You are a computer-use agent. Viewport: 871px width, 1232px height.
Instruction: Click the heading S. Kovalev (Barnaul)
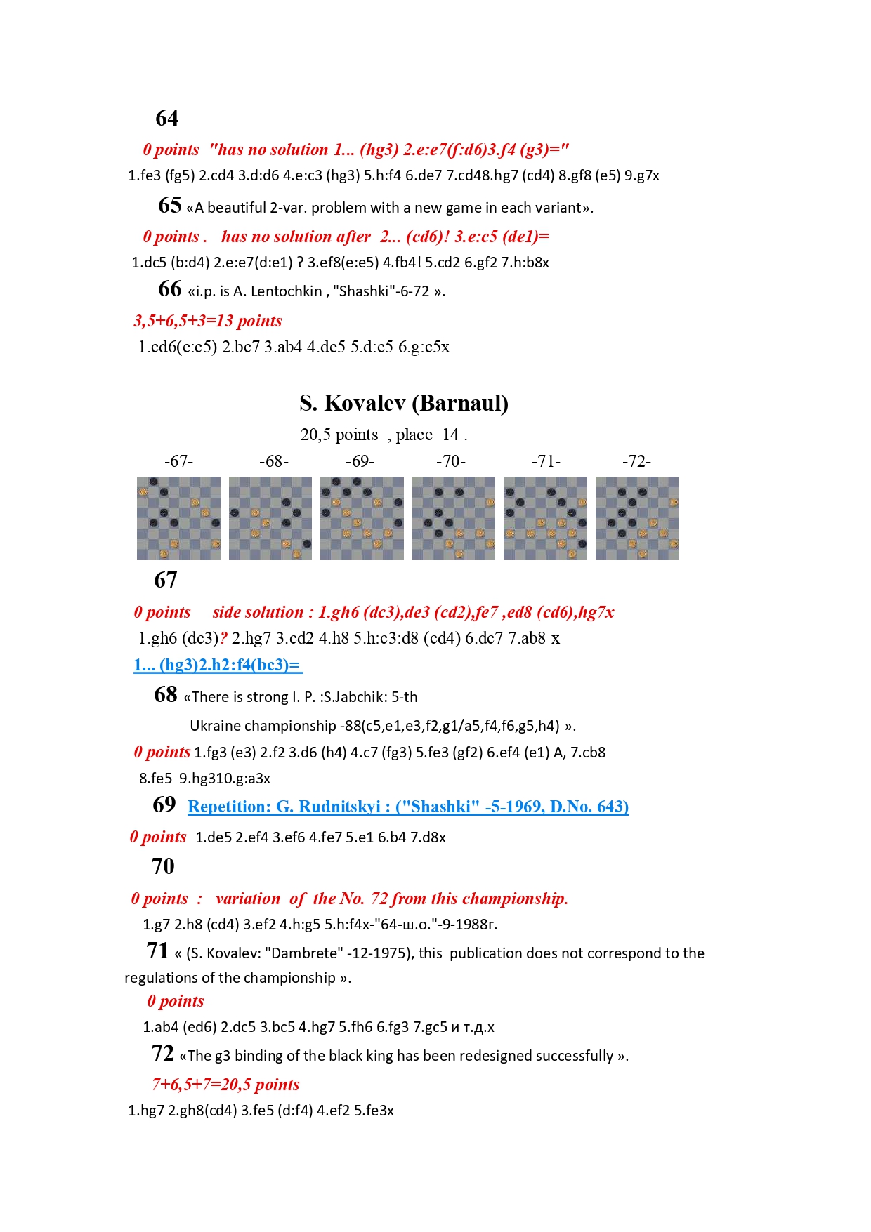tap(404, 403)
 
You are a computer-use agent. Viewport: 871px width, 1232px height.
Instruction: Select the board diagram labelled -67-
tap(178, 518)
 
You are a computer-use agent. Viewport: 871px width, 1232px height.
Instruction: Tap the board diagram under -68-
tap(270, 518)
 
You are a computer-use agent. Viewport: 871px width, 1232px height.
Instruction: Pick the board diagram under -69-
tap(362, 518)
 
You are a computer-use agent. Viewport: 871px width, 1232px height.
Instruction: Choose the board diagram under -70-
tap(453, 518)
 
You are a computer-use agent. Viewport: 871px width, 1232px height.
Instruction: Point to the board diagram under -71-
tap(545, 518)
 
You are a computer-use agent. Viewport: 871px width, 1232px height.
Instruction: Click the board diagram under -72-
tap(636, 518)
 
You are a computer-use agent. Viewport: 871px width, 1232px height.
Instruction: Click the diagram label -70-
tap(451, 461)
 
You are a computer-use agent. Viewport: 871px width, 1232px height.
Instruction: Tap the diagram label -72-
tap(636, 461)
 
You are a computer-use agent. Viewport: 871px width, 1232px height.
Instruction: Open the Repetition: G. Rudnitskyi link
tap(407, 807)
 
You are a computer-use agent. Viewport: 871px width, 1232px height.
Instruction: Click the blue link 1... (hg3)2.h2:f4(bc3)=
tap(218, 665)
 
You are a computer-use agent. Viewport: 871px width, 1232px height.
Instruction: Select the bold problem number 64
tap(167, 118)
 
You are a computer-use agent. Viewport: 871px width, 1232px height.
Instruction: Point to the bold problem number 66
tap(170, 289)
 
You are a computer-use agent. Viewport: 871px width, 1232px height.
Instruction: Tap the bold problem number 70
tap(163, 866)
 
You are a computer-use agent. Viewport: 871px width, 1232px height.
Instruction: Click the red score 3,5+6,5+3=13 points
tap(208, 321)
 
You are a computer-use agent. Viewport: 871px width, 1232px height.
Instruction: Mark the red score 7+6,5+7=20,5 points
tap(225, 1085)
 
